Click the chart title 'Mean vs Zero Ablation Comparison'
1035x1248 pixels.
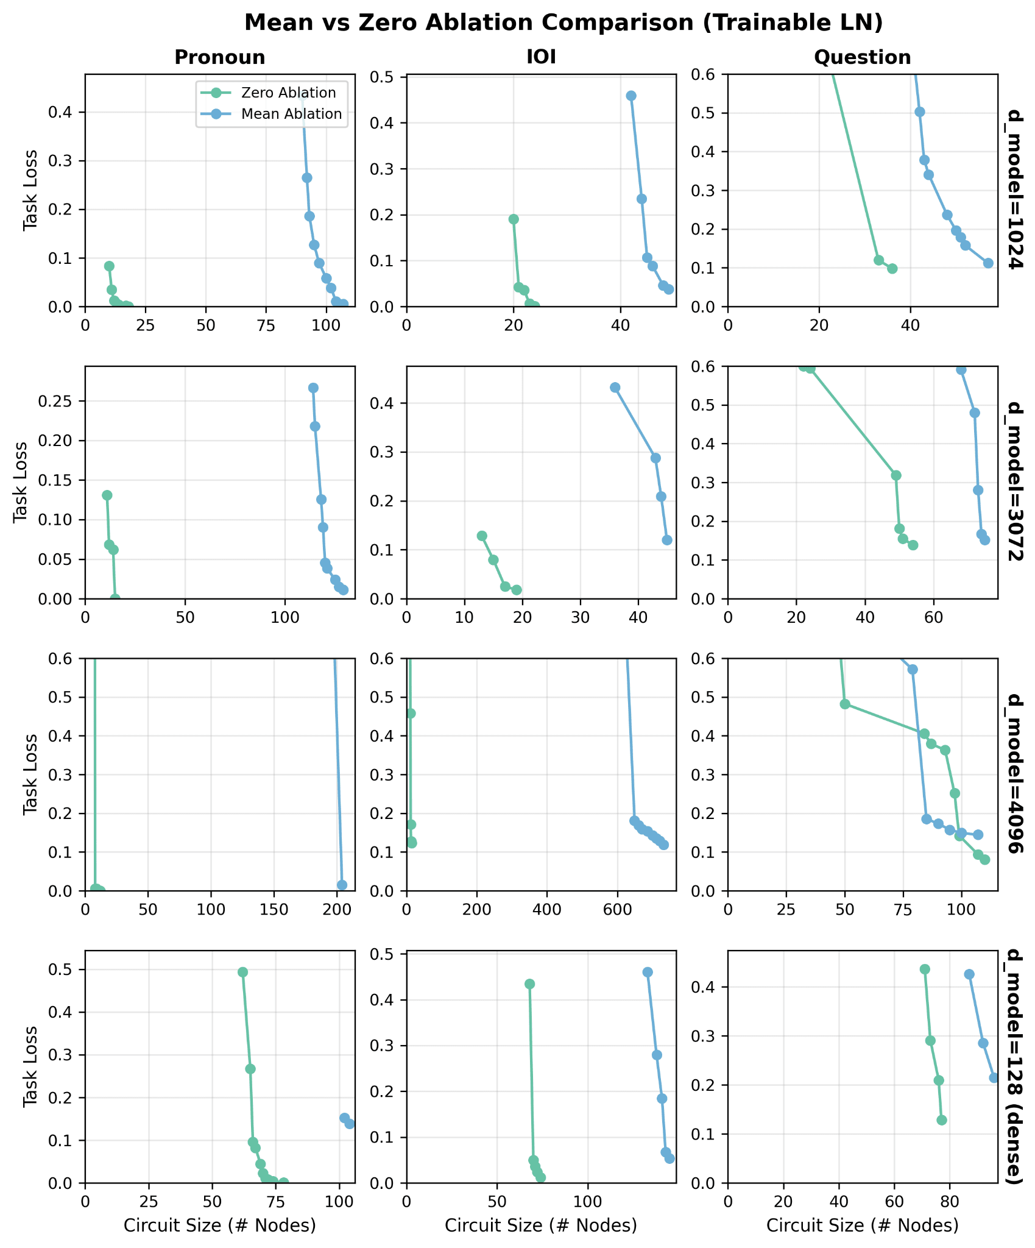(563, 23)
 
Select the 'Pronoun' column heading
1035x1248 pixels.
(220, 57)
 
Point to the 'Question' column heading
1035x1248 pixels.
(863, 57)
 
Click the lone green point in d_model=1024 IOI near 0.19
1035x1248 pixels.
(514, 219)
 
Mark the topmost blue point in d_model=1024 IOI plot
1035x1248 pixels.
(631, 96)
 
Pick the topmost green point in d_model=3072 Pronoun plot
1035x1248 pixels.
(107, 495)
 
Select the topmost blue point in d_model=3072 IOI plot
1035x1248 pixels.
(615, 388)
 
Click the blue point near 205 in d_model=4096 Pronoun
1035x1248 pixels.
(342, 885)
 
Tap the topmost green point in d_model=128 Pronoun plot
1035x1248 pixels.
(242, 972)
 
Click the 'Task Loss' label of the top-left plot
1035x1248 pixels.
(29, 190)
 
